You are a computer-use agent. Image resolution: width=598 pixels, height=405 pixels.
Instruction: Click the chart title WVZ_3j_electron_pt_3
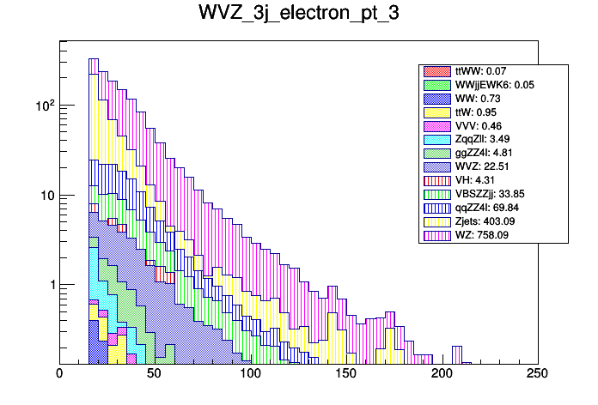pyautogui.click(x=298, y=15)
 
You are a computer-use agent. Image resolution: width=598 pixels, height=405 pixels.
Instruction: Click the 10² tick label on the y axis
pyautogui.click(x=43, y=105)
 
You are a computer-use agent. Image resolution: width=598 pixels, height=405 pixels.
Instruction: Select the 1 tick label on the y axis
pyautogui.click(x=50, y=284)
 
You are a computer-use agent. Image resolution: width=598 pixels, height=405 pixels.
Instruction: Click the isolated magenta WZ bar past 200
pyautogui.click(x=457, y=354)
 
